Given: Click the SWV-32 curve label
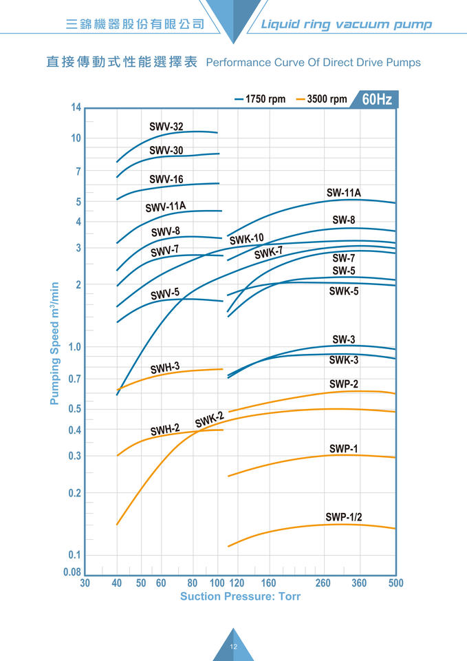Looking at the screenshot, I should [166, 127].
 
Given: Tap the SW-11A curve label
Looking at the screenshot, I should [343, 193].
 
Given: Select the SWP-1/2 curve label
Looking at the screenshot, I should [343, 517].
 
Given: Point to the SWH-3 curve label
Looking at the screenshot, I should [165, 368].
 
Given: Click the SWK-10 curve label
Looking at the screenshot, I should [246, 240].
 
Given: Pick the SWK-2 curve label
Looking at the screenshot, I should [210, 419].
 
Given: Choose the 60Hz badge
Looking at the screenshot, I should [377, 99].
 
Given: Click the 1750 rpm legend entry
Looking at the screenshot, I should [260, 99].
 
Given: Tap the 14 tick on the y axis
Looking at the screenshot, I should [76, 107].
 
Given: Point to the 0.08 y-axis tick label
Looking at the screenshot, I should [72, 572].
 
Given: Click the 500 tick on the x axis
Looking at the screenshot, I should [395, 583].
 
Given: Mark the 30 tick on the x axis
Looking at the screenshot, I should [85, 583].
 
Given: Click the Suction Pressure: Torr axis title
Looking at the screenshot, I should [240, 596].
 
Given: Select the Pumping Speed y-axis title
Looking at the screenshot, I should [55, 343].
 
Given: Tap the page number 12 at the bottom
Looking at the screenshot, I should [233, 647].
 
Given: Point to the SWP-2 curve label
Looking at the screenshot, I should [343, 384].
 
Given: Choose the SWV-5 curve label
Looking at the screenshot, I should [165, 294].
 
